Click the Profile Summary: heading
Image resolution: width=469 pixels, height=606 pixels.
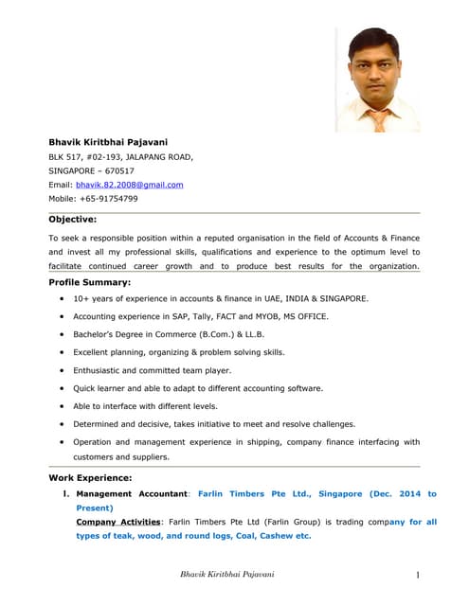[90, 282]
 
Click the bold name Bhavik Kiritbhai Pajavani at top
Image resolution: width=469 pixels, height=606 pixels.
[107, 142]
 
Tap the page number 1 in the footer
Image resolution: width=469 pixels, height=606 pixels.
[417, 575]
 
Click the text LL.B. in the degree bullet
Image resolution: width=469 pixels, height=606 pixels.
[248, 334]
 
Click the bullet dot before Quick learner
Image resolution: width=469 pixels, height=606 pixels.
[62, 388]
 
